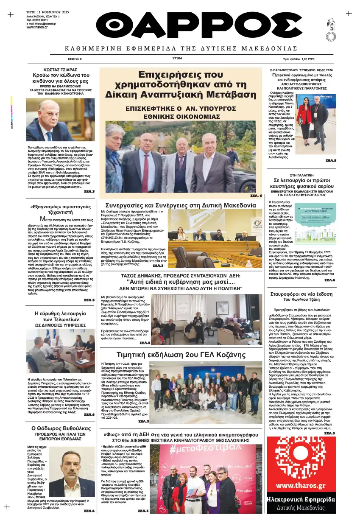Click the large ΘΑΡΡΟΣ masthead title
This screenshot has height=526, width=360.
(180, 26)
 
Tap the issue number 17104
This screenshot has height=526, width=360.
(177, 59)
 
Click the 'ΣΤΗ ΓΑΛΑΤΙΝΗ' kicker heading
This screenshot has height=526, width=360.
(301, 175)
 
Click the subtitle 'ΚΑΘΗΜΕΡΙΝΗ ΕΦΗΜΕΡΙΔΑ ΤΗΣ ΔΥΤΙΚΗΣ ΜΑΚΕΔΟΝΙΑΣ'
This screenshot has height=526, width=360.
(181, 48)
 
